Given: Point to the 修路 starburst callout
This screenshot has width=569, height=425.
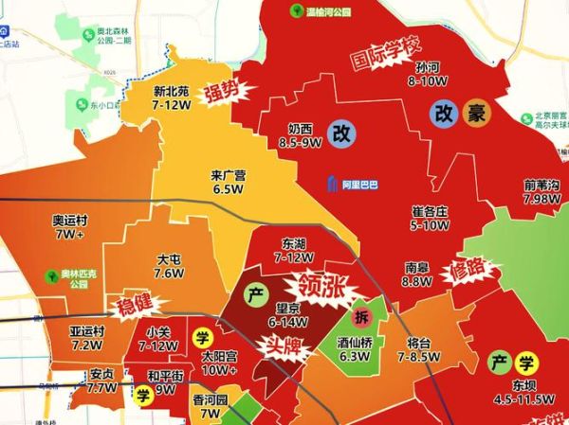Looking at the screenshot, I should [468, 273].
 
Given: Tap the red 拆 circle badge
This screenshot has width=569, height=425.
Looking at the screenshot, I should [361, 316].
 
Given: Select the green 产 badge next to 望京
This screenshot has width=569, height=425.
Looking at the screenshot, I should [255, 294].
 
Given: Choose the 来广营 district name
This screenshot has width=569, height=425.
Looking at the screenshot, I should [228, 175].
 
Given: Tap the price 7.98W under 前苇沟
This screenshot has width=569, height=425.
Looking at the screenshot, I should [541, 200].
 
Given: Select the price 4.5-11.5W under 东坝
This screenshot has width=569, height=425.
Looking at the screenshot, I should [523, 398].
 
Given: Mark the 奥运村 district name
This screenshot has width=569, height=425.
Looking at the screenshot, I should [71, 220].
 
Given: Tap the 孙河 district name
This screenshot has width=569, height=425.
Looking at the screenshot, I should [427, 68].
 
